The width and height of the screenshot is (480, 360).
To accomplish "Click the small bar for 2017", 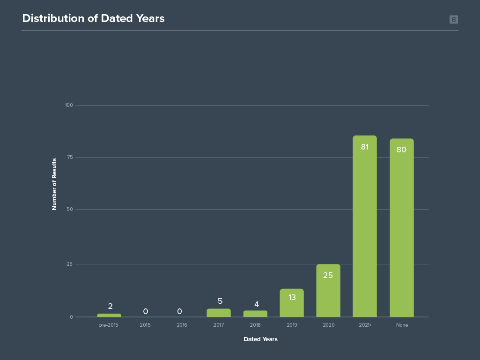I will tap(219, 313).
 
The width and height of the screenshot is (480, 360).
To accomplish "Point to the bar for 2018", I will tap(255, 314).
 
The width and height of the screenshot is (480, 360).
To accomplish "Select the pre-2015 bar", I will tap(109, 315).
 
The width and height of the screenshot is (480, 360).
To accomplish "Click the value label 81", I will tap(365, 147).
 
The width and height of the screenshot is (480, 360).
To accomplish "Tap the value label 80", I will tap(401, 150).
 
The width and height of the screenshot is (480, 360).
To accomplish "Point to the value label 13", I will tap(292, 297).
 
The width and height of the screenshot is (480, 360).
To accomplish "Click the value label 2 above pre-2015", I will tap(110, 307).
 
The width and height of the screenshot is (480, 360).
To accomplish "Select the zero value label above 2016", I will tap(179, 311).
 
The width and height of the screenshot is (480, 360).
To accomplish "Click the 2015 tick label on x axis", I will tap(145, 325).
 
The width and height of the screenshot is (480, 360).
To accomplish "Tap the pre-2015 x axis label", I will tap(108, 325).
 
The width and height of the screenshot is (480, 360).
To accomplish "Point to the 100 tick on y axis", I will tap(69, 105).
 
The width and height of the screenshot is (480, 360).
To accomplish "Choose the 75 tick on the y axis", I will tap(70, 157).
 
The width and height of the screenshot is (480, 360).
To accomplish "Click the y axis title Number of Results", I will tap(54, 184).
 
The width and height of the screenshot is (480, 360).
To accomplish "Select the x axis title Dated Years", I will tap(260, 339).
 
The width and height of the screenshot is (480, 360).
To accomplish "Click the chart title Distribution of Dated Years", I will tap(93, 18).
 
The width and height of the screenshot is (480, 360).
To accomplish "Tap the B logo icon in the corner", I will tap(453, 19).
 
